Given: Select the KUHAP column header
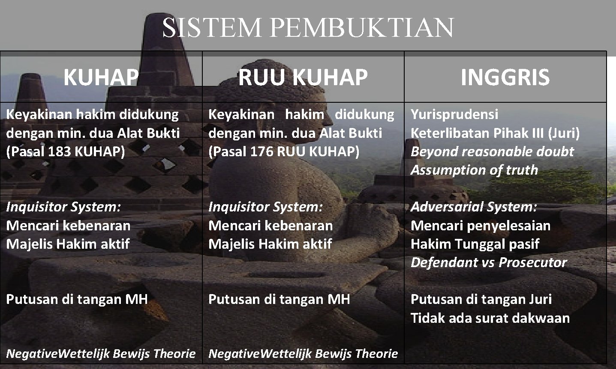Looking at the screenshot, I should (101, 77).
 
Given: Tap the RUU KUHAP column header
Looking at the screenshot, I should (303, 77).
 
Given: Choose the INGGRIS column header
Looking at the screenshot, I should (505, 77).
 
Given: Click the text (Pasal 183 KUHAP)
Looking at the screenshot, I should (66, 152).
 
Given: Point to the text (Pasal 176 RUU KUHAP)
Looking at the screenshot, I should (284, 152).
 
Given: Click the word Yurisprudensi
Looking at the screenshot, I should (454, 114).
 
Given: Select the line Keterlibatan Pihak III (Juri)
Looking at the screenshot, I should (495, 133).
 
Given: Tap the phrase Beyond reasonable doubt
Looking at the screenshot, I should (492, 152).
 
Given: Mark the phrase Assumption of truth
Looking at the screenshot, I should (474, 170).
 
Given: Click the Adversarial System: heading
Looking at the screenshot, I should (474, 207).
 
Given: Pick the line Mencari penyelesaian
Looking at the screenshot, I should (480, 226).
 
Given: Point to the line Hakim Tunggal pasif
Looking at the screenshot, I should (475, 244).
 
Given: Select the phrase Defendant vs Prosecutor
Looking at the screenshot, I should (489, 262).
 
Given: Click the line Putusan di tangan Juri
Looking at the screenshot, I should (481, 299).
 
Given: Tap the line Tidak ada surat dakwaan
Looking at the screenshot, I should (490, 318).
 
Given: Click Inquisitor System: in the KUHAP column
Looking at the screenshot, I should (63, 207).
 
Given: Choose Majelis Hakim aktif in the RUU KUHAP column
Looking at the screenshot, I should (270, 244).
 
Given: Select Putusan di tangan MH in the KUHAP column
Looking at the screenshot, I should (77, 299).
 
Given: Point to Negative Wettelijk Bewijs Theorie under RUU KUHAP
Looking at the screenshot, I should (303, 354).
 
